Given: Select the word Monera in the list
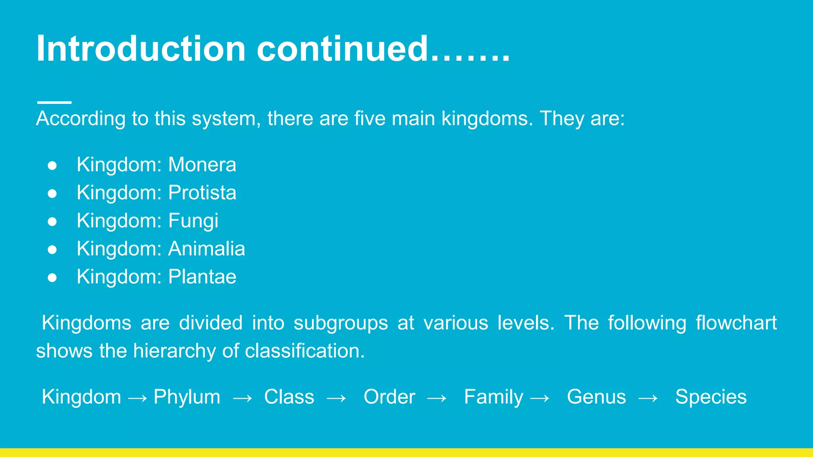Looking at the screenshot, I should click(x=202, y=165).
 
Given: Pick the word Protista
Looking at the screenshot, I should click(x=202, y=193).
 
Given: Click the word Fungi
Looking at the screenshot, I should click(x=193, y=221).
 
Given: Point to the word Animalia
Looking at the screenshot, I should click(x=206, y=249).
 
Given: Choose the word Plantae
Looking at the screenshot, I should click(x=202, y=277).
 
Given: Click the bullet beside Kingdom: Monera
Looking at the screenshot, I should click(x=52, y=165).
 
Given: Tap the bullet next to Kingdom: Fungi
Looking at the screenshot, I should click(x=52, y=221).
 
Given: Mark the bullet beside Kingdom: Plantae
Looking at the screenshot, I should click(x=52, y=278).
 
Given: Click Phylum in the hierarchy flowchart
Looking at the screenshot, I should click(x=187, y=397).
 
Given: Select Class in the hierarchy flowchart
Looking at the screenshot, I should click(x=289, y=397).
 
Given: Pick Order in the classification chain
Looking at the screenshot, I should click(x=389, y=397).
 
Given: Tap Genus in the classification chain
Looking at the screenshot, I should click(x=596, y=397).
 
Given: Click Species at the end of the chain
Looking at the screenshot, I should click(x=711, y=397).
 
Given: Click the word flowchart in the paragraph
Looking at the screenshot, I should click(x=736, y=323).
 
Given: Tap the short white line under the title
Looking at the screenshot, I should click(x=54, y=102).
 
